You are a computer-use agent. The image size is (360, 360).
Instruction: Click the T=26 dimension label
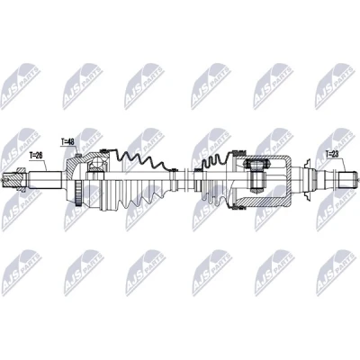point(35,156)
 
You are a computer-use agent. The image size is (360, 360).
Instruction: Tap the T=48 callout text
point(67,141)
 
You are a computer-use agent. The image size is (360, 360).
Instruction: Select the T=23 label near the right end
point(332,154)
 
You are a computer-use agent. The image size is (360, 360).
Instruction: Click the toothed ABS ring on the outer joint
point(78,194)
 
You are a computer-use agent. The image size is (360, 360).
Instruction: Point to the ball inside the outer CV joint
point(96,163)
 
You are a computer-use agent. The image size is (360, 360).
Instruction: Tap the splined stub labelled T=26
point(45,180)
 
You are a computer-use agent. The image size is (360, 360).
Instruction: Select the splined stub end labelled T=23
point(347,180)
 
